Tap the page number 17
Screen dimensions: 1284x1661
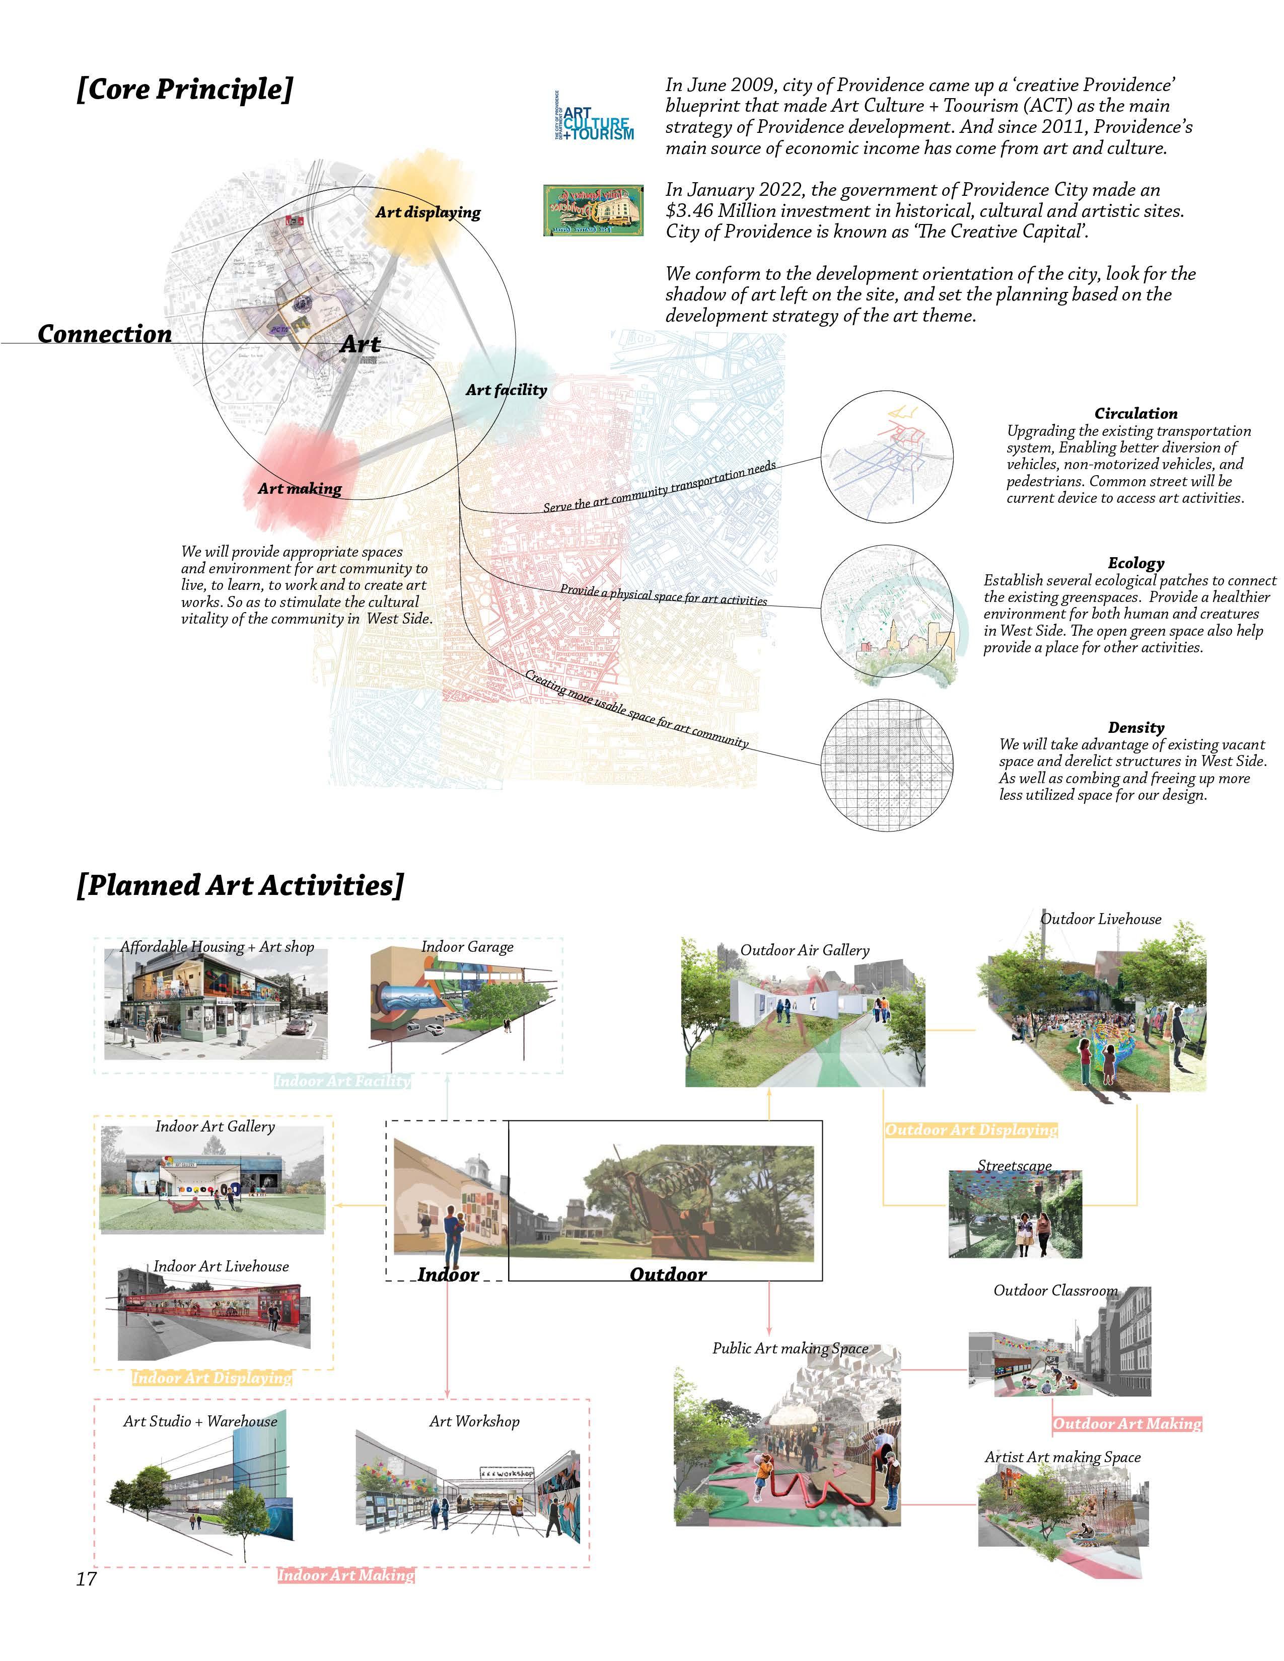click(x=86, y=1579)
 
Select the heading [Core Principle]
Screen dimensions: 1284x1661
click(x=184, y=90)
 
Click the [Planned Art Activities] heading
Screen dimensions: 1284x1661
click(x=240, y=884)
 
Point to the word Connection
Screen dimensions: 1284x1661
click(x=105, y=334)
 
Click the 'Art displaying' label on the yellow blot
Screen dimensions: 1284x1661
click(x=427, y=212)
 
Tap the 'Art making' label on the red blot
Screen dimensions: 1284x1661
click(x=299, y=488)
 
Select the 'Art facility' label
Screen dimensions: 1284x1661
click(x=506, y=390)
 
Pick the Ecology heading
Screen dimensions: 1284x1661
click(x=1135, y=563)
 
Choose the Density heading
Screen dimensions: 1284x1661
click(x=1135, y=727)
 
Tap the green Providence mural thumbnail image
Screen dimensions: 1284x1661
click(x=593, y=209)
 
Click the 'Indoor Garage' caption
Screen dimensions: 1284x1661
click(x=467, y=947)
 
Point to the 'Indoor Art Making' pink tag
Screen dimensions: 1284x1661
click(x=345, y=1575)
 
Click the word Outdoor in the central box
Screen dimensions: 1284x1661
click(x=668, y=1274)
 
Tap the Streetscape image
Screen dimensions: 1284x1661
click(x=1015, y=1215)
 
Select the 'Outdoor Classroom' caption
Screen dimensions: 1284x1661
click(x=1055, y=1291)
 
